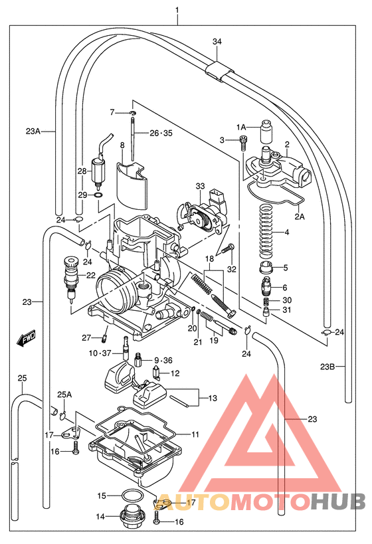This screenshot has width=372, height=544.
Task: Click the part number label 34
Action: (x=217, y=41)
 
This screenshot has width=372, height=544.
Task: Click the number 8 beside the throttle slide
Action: (x=122, y=144)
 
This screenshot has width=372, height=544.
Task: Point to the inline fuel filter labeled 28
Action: (x=98, y=171)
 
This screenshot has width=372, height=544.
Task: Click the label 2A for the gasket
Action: (x=300, y=216)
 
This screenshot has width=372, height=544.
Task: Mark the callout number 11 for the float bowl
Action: (x=195, y=434)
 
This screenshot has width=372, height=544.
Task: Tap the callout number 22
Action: (x=90, y=275)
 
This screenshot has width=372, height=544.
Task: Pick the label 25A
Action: (x=64, y=395)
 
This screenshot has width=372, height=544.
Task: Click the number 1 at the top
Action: (x=177, y=10)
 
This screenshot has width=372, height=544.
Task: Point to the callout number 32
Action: (x=232, y=269)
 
